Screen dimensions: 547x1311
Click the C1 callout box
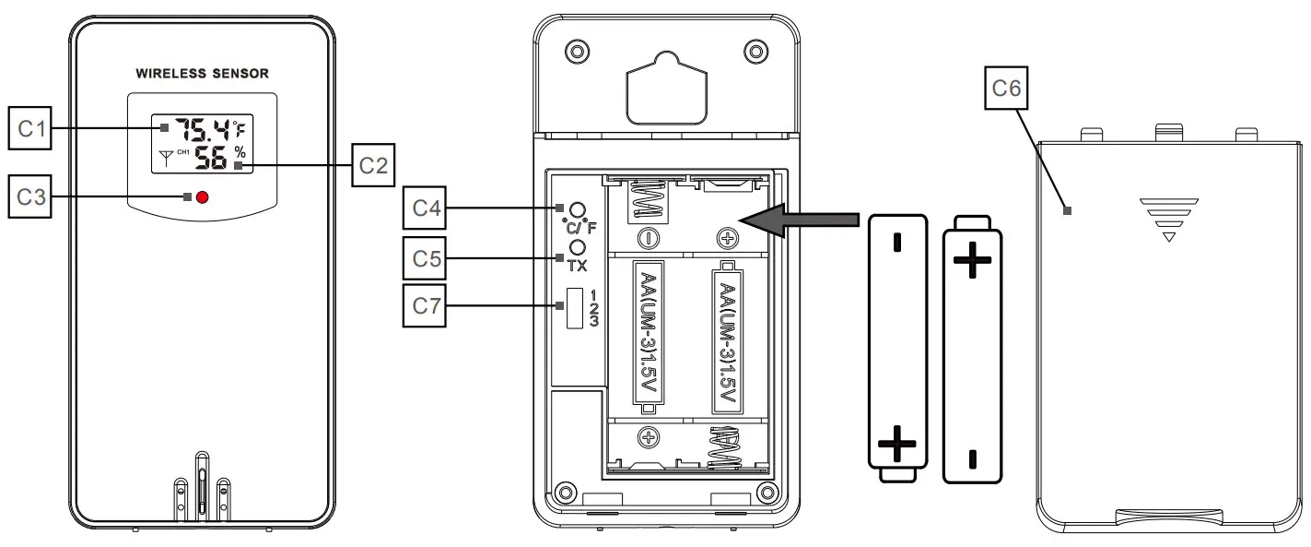pos(30,129)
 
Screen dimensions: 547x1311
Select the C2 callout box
pos(373,166)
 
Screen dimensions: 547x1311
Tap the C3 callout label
pos(30,196)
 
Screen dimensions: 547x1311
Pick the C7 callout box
pos(425,306)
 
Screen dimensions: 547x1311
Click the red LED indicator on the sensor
pos(203,197)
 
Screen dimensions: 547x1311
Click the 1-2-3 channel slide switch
pos(570,307)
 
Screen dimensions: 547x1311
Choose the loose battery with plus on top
pos(972,351)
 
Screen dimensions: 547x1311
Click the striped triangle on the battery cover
pos(1169,219)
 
